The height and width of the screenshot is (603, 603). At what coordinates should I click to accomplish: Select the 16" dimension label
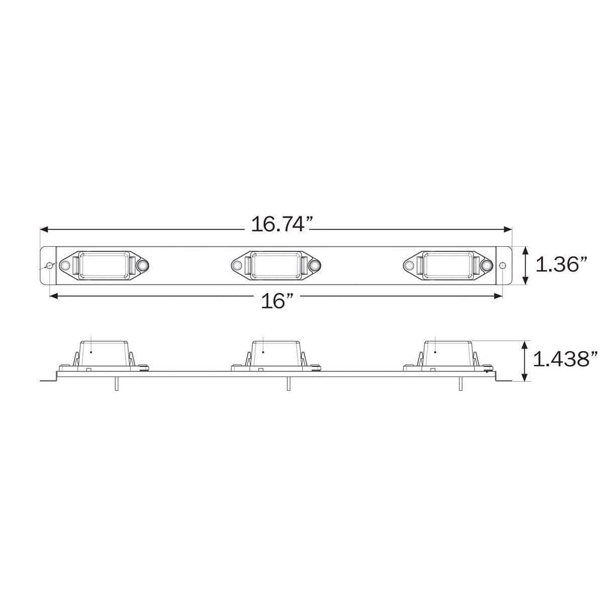tap(277, 301)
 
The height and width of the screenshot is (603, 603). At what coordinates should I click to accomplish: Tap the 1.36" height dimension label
tap(561, 264)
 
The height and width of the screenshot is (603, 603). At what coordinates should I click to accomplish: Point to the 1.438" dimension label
tap(565, 359)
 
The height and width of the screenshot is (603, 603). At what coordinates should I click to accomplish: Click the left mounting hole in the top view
tap(49, 265)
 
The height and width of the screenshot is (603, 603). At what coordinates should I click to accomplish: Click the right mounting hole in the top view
tap(504, 265)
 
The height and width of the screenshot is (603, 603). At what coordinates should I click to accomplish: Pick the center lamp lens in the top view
tap(276, 264)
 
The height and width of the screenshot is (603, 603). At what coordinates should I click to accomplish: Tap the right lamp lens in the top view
tap(448, 264)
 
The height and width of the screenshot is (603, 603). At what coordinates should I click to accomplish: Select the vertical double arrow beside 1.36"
tap(526, 264)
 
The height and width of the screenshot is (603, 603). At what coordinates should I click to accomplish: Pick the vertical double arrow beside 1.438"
tap(526, 360)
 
